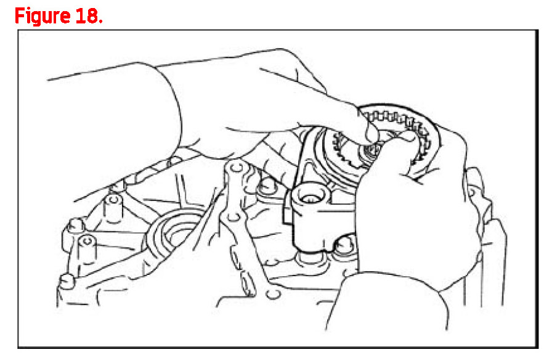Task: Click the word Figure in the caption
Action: tap(43, 16)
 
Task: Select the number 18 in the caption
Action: tap(87, 15)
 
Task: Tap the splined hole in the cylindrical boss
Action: tap(312, 197)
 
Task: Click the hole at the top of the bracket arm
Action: tap(236, 166)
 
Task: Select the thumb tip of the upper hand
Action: tap(371, 136)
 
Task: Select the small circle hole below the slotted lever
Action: tap(272, 295)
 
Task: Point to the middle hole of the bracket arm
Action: tap(232, 216)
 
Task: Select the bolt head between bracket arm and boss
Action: tap(268, 186)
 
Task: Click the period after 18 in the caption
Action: tap(100, 22)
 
